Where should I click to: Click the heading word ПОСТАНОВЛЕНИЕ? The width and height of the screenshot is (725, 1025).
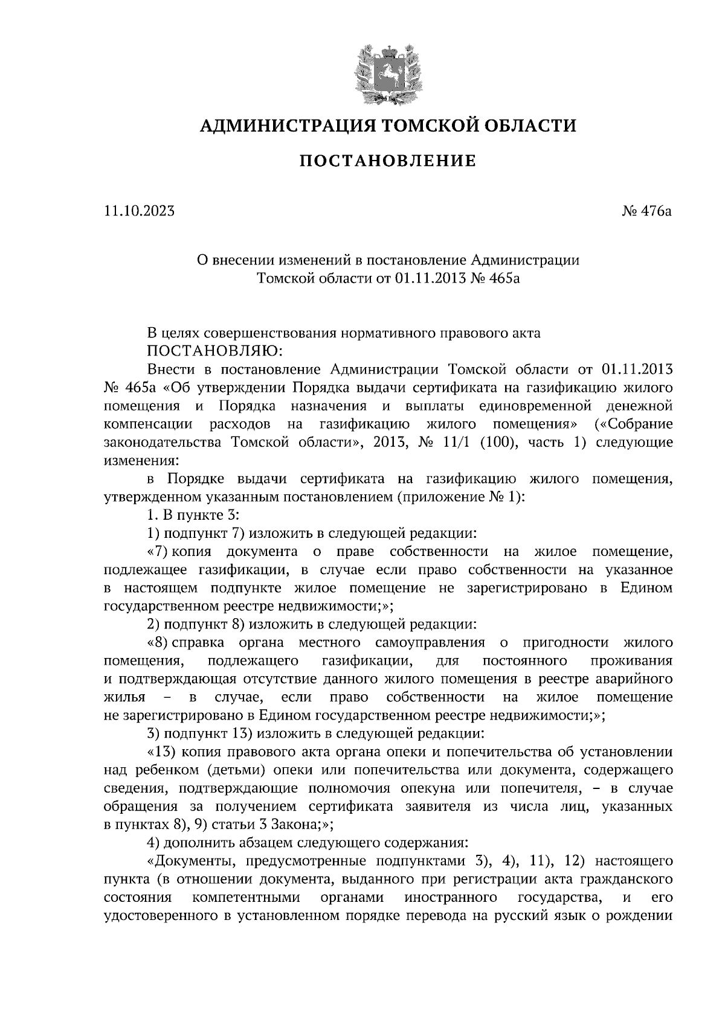pyautogui.click(x=388, y=161)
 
